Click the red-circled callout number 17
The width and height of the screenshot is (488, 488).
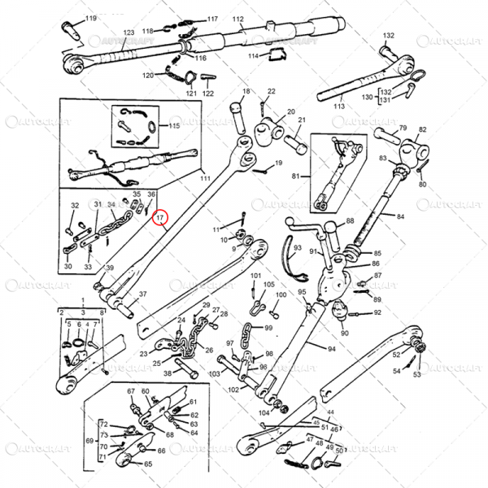coord(159,218)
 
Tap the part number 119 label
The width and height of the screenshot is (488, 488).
coord(90,18)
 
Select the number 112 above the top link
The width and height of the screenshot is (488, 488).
coord(237,18)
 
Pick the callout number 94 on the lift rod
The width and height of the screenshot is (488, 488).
coord(331,348)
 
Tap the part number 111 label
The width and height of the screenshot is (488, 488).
coord(205,178)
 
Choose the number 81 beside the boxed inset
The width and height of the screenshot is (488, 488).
coord(296,176)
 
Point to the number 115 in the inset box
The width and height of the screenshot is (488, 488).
coord(174,126)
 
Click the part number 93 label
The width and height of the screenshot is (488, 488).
coord(298,247)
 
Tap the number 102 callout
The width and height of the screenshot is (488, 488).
coord(233,390)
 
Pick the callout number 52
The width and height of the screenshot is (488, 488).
coord(397,354)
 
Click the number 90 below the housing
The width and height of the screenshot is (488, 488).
coord(345,333)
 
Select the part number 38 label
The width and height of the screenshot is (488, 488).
coord(168,374)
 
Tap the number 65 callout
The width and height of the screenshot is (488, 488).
coord(148,464)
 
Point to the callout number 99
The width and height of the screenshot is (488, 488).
coord(268,328)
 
